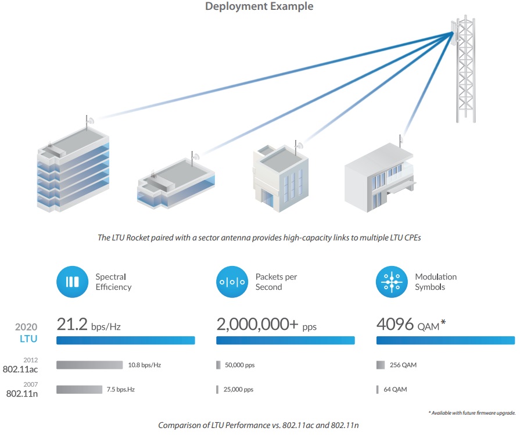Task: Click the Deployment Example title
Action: click(x=259, y=6)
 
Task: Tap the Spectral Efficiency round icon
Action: click(x=72, y=282)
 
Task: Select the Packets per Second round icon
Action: click(x=232, y=282)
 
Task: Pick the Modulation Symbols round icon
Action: click(x=392, y=282)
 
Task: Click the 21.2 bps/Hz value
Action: click(x=88, y=324)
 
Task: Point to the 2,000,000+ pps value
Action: click(x=266, y=324)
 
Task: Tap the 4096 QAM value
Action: click(x=411, y=324)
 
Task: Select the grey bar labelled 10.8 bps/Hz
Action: click(x=89, y=365)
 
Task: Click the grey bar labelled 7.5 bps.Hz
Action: click(x=79, y=390)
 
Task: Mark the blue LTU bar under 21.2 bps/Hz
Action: click(x=125, y=340)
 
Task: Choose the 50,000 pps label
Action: click(x=240, y=365)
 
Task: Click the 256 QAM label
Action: click(x=403, y=365)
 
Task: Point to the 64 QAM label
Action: click(x=395, y=390)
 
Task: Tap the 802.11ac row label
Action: click(x=20, y=369)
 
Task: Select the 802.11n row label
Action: click(x=22, y=394)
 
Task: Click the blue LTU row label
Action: click(x=28, y=339)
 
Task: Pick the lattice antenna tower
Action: click(x=465, y=69)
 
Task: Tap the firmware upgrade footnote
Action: click(x=472, y=413)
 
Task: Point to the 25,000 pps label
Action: click(x=238, y=390)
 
